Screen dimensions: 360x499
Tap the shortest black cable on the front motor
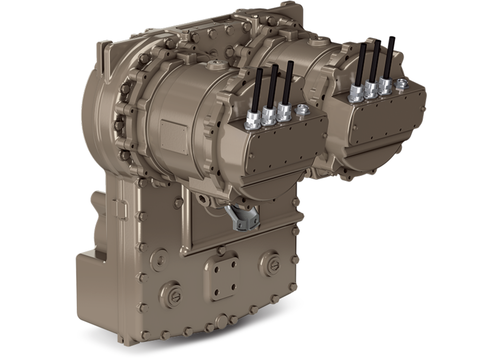[x=258, y=89]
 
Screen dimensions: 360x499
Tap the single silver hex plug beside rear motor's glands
[x=401, y=84]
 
